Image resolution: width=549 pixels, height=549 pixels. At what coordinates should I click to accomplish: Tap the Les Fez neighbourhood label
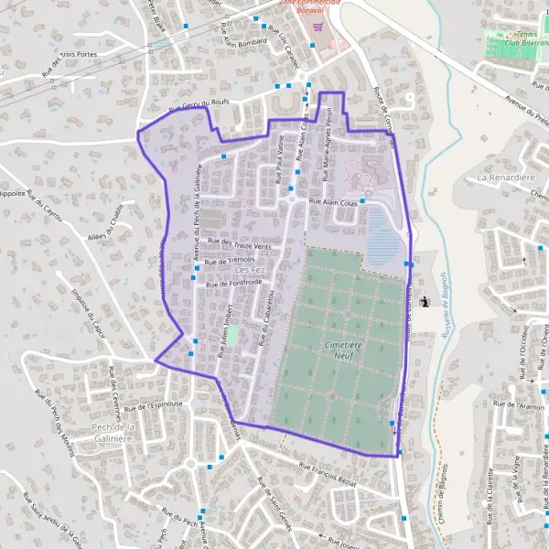pos(249,270)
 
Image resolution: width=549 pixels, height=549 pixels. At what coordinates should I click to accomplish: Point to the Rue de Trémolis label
pos(230,262)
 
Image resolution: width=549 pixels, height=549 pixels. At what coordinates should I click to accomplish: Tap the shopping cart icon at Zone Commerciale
pos(318,27)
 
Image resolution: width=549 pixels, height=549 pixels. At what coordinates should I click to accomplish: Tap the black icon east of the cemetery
pos(423,302)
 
